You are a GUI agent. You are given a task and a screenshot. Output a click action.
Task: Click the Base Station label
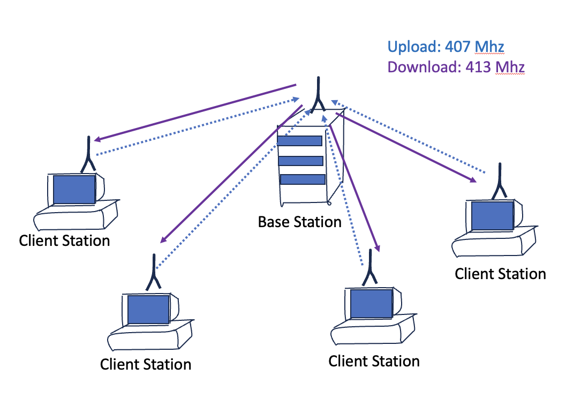[x=299, y=222]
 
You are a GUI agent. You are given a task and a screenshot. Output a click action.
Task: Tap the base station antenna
[x=317, y=96]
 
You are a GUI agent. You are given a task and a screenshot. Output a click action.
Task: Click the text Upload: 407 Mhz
[x=446, y=47]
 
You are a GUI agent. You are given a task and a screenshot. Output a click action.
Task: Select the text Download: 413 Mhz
[x=455, y=67]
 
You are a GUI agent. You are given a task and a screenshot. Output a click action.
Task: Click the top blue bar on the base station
[x=300, y=141]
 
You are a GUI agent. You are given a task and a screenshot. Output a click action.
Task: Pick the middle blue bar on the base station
[x=300, y=161]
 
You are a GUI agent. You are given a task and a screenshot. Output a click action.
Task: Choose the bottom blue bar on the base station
[x=303, y=179]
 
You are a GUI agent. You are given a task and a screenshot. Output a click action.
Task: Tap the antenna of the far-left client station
[x=87, y=155]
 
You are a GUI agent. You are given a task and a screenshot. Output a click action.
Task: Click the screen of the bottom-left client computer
[x=148, y=310]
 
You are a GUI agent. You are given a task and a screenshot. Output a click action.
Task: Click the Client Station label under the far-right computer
[x=500, y=274]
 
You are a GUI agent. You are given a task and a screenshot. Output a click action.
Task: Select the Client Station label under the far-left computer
[x=64, y=240]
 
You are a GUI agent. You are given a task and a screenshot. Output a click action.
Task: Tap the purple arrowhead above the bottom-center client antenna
[x=378, y=247]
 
